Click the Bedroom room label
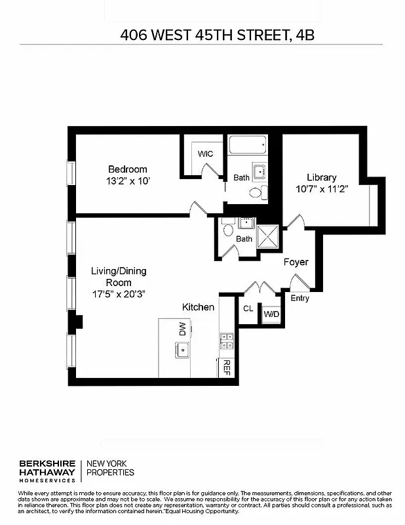click(x=128, y=169)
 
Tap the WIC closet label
click(x=206, y=154)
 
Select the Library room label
click(x=321, y=177)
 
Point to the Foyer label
click(x=296, y=262)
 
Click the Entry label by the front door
click(x=300, y=299)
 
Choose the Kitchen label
click(x=198, y=307)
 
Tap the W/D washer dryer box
click(x=271, y=314)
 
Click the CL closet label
click(x=248, y=308)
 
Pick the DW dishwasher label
click(x=182, y=329)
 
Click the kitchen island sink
click(x=182, y=350)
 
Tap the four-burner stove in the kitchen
click(x=227, y=340)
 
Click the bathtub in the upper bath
click(x=247, y=144)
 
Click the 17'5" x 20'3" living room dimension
click(x=118, y=294)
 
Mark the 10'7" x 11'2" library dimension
click(x=321, y=189)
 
